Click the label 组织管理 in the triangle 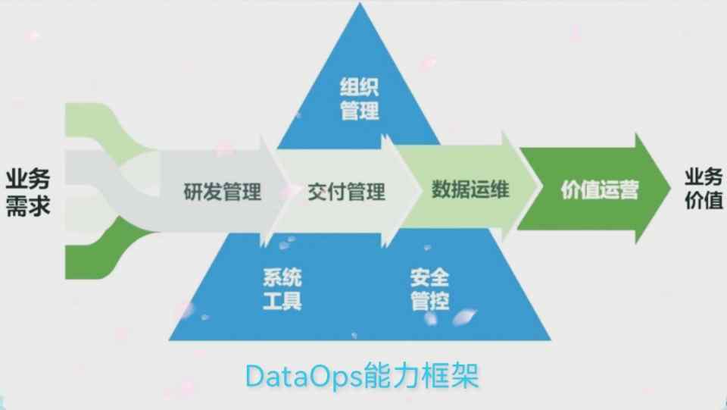tap(359, 100)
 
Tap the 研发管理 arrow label tap(223, 192)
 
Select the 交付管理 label tap(346, 192)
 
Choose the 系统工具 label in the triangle tap(282, 289)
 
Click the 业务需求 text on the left tap(28, 192)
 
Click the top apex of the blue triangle tap(358, 6)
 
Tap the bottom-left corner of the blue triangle tap(170, 339)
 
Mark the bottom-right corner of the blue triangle tap(550, 339)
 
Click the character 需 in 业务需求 tap(17, 205)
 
